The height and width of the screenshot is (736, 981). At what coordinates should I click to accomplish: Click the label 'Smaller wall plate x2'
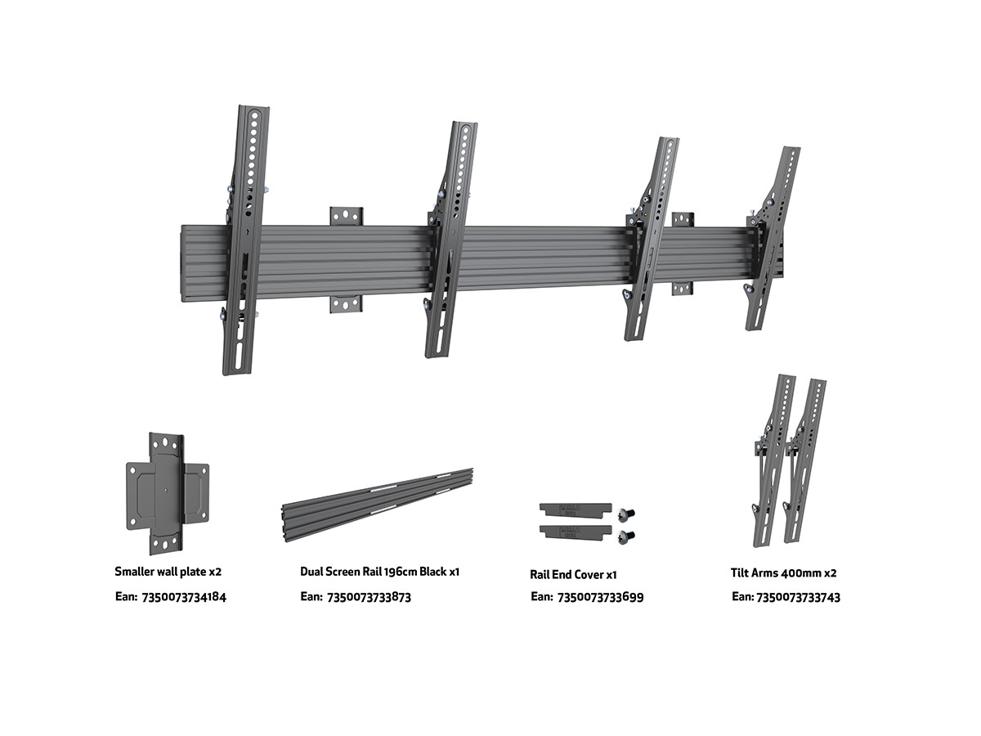[x=168, y=572]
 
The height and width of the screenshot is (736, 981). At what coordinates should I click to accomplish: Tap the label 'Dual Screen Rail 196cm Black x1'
[x=379, y=572]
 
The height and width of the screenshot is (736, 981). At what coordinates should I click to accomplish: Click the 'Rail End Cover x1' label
[x=573, y=574]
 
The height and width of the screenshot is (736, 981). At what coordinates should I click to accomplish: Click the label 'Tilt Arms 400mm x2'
[x=783, y=573]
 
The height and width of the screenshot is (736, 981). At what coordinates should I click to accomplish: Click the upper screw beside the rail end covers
[x=625, y=514]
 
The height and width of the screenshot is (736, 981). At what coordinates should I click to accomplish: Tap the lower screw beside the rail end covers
[x=625, y=536]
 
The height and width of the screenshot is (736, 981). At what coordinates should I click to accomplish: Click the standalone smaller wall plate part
[x=168, y=493]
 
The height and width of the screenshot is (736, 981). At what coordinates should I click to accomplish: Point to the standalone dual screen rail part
[x=377, y=505]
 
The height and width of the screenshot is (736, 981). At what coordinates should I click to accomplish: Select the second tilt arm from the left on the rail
[x=450, y=239]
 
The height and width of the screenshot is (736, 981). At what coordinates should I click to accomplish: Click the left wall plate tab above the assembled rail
[x=347, y=216]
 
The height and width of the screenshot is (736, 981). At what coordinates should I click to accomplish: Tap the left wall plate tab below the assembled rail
[x=346, y=304]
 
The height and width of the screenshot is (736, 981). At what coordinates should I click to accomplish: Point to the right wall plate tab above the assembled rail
[x=683, y=220]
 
